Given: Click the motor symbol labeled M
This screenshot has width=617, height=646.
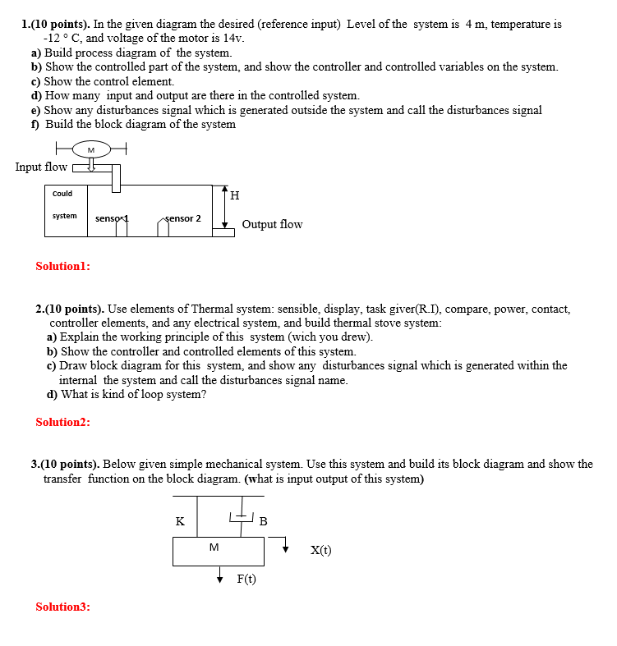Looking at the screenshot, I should pos(90,149).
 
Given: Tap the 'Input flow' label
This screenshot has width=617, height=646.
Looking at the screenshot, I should pos(41,167).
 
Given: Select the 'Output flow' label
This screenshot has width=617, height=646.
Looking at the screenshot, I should pos(272,224).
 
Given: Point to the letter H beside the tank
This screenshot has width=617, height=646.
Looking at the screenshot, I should pos(235,195).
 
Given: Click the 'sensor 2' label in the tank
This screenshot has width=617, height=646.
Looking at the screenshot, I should pos(182,218).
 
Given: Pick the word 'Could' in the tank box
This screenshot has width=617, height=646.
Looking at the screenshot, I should pos(62,194).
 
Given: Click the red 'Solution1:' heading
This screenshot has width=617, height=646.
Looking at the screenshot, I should pos(63,266).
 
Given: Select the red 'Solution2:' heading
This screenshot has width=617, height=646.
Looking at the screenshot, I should pos(63,422).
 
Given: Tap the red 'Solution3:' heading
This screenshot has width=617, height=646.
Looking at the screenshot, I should pos(63,607).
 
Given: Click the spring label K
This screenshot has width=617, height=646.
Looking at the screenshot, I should pos(180,521).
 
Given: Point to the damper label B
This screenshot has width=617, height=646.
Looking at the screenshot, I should pos(263,521).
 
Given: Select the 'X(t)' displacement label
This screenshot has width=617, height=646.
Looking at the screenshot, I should pos(320,551).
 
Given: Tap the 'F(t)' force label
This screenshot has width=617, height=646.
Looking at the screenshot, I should pos(246,580).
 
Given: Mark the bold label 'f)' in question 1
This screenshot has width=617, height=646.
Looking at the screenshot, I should pos(35,124).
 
